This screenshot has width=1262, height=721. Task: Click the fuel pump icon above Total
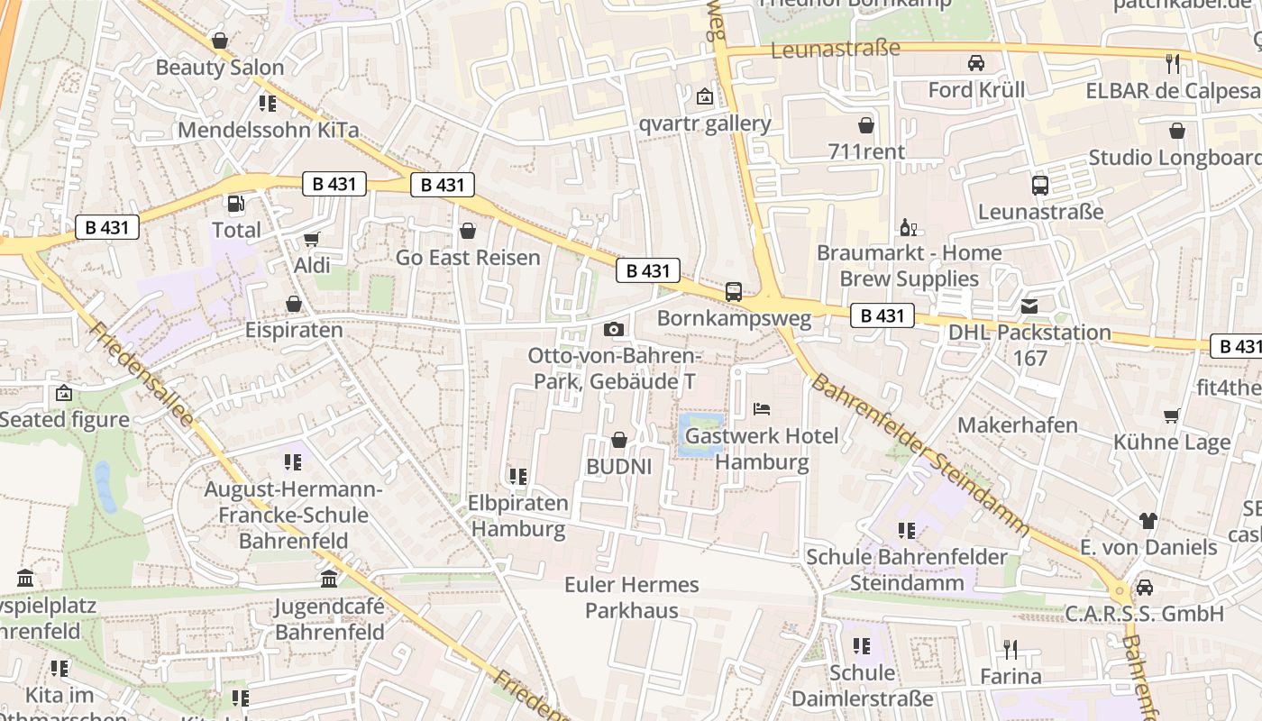(x=235, y=205)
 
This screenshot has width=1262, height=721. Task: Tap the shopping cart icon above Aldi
(x=312, y=240)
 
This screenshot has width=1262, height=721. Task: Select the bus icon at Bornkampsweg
(x=734, y=292)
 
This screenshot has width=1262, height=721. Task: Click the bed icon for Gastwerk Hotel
(x=762, y=409)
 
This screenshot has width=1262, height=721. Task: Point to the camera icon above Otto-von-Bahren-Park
(x=614, y=330)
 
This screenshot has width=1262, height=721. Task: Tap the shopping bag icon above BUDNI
(x=619, y=440)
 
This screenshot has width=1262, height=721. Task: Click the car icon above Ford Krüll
(x=975, y=63)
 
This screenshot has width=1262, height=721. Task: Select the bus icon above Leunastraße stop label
(x=1040, y=186)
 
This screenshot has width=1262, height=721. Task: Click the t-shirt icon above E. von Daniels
(x=1148, y=521)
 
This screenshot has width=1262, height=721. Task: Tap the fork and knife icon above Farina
(x=1010, y=649)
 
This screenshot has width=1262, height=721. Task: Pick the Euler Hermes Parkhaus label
(x=631, y=598)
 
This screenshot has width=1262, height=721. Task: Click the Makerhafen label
(x=1017, y=424)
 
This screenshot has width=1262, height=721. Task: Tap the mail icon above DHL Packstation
(x=1029, y=306)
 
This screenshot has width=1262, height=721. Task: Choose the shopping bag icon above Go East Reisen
(x=468, y=232)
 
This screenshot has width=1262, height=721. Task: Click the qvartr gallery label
(x=705, y=123)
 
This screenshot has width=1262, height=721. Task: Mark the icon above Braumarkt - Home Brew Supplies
(x=908, y=226)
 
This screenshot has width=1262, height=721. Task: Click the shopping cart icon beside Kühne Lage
(x=1172, y=415)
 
